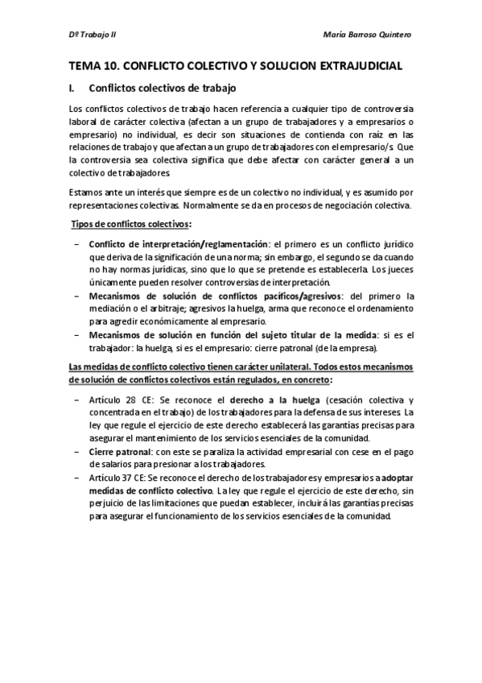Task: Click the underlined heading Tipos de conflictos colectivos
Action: (132, 223)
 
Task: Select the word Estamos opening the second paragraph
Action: (88, 192)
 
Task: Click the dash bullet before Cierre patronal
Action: (76, 453)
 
